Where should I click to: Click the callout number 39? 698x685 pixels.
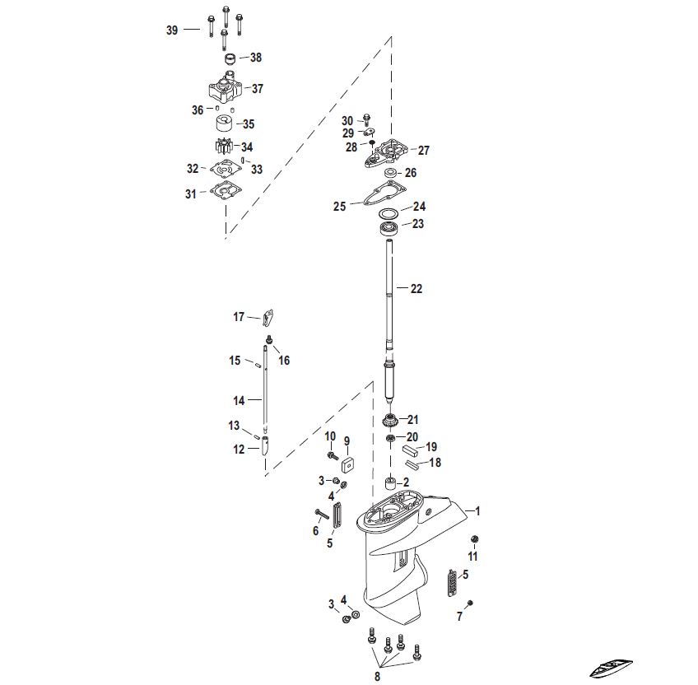click(x=172, y=30)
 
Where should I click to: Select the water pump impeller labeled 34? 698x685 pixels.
click(x=223, y=147)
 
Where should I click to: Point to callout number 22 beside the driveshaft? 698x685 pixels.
click(x=416, y=288)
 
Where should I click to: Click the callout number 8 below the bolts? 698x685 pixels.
click(x=377, y=676)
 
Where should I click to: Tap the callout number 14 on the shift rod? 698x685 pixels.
click(x=239, y=401)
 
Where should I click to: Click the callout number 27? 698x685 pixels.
click(x=423, y=151)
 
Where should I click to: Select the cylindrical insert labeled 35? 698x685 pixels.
click(x=223, y=124)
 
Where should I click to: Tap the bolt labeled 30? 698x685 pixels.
click(x=367, y=121)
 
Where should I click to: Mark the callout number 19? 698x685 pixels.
click(x=430, y=447)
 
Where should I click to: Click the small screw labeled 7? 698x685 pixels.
click(x=469, y=604)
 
